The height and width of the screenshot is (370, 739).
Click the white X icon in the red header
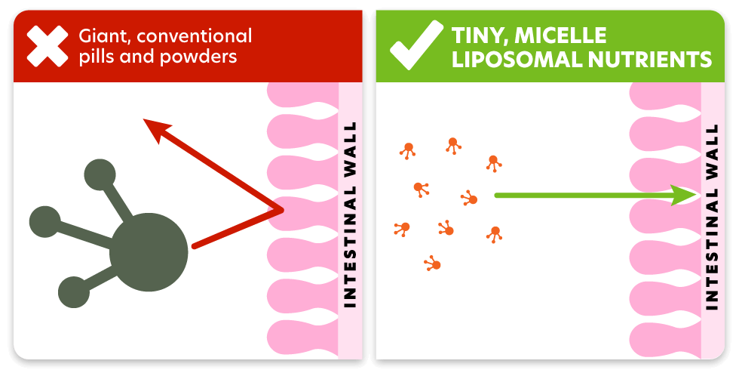click(47, 46)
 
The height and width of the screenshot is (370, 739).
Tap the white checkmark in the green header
click(416, 45)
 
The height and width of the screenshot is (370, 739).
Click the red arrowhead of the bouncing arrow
click(156, 130)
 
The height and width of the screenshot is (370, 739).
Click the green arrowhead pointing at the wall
click(685, 195)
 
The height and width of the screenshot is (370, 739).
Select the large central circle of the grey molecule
click(149, 252)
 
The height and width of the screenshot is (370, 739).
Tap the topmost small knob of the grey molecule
click(100, 174)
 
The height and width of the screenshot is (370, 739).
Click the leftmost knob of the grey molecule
click(44, 222)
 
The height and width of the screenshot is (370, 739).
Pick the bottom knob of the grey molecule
click(74, 292)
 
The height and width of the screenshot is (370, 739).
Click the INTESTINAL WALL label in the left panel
click(350, 215)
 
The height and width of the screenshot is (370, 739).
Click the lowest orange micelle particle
click(433, 264)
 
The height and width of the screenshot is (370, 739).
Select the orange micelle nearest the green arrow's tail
click(471, 199)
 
